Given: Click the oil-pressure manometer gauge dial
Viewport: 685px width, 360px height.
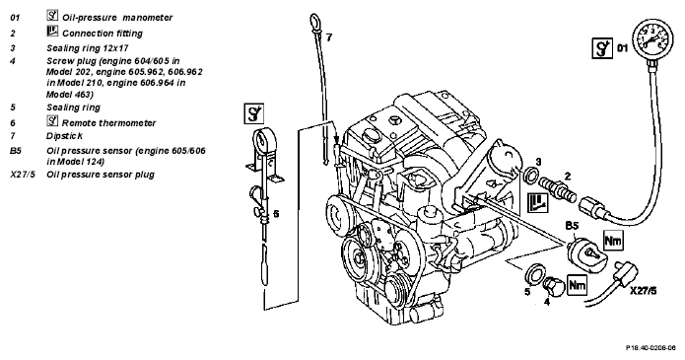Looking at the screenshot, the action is point(651,39).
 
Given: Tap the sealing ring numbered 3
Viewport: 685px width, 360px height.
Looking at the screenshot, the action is point(531,175).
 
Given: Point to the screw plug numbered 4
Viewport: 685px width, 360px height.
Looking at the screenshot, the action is point(553,286).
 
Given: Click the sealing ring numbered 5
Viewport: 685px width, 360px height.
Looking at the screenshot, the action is point(533,273).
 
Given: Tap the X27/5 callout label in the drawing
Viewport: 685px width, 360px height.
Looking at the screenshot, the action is point(643,290).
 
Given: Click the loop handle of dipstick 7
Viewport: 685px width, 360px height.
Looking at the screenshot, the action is point(315,22).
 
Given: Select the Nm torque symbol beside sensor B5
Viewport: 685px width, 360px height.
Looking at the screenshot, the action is point(613,240).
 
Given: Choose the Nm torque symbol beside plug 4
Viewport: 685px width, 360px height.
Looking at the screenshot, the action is point(577,286).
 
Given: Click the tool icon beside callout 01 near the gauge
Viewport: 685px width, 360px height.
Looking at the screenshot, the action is point(603,47).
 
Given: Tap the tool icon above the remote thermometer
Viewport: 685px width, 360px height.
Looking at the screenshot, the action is point(253,113).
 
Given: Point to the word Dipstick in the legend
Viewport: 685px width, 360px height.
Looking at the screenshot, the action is point(65,136).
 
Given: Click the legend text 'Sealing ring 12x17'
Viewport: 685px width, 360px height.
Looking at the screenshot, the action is point(88,47).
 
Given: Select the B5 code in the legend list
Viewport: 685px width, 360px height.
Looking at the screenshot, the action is point(16,151).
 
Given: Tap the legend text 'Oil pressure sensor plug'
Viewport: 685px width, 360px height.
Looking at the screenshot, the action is point(101,175).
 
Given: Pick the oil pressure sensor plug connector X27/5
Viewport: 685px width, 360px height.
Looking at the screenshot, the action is point(625,271).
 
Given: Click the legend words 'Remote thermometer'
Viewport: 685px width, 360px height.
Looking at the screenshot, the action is point(108,123).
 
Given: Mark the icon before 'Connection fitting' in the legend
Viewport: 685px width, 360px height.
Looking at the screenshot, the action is point(52,31).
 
